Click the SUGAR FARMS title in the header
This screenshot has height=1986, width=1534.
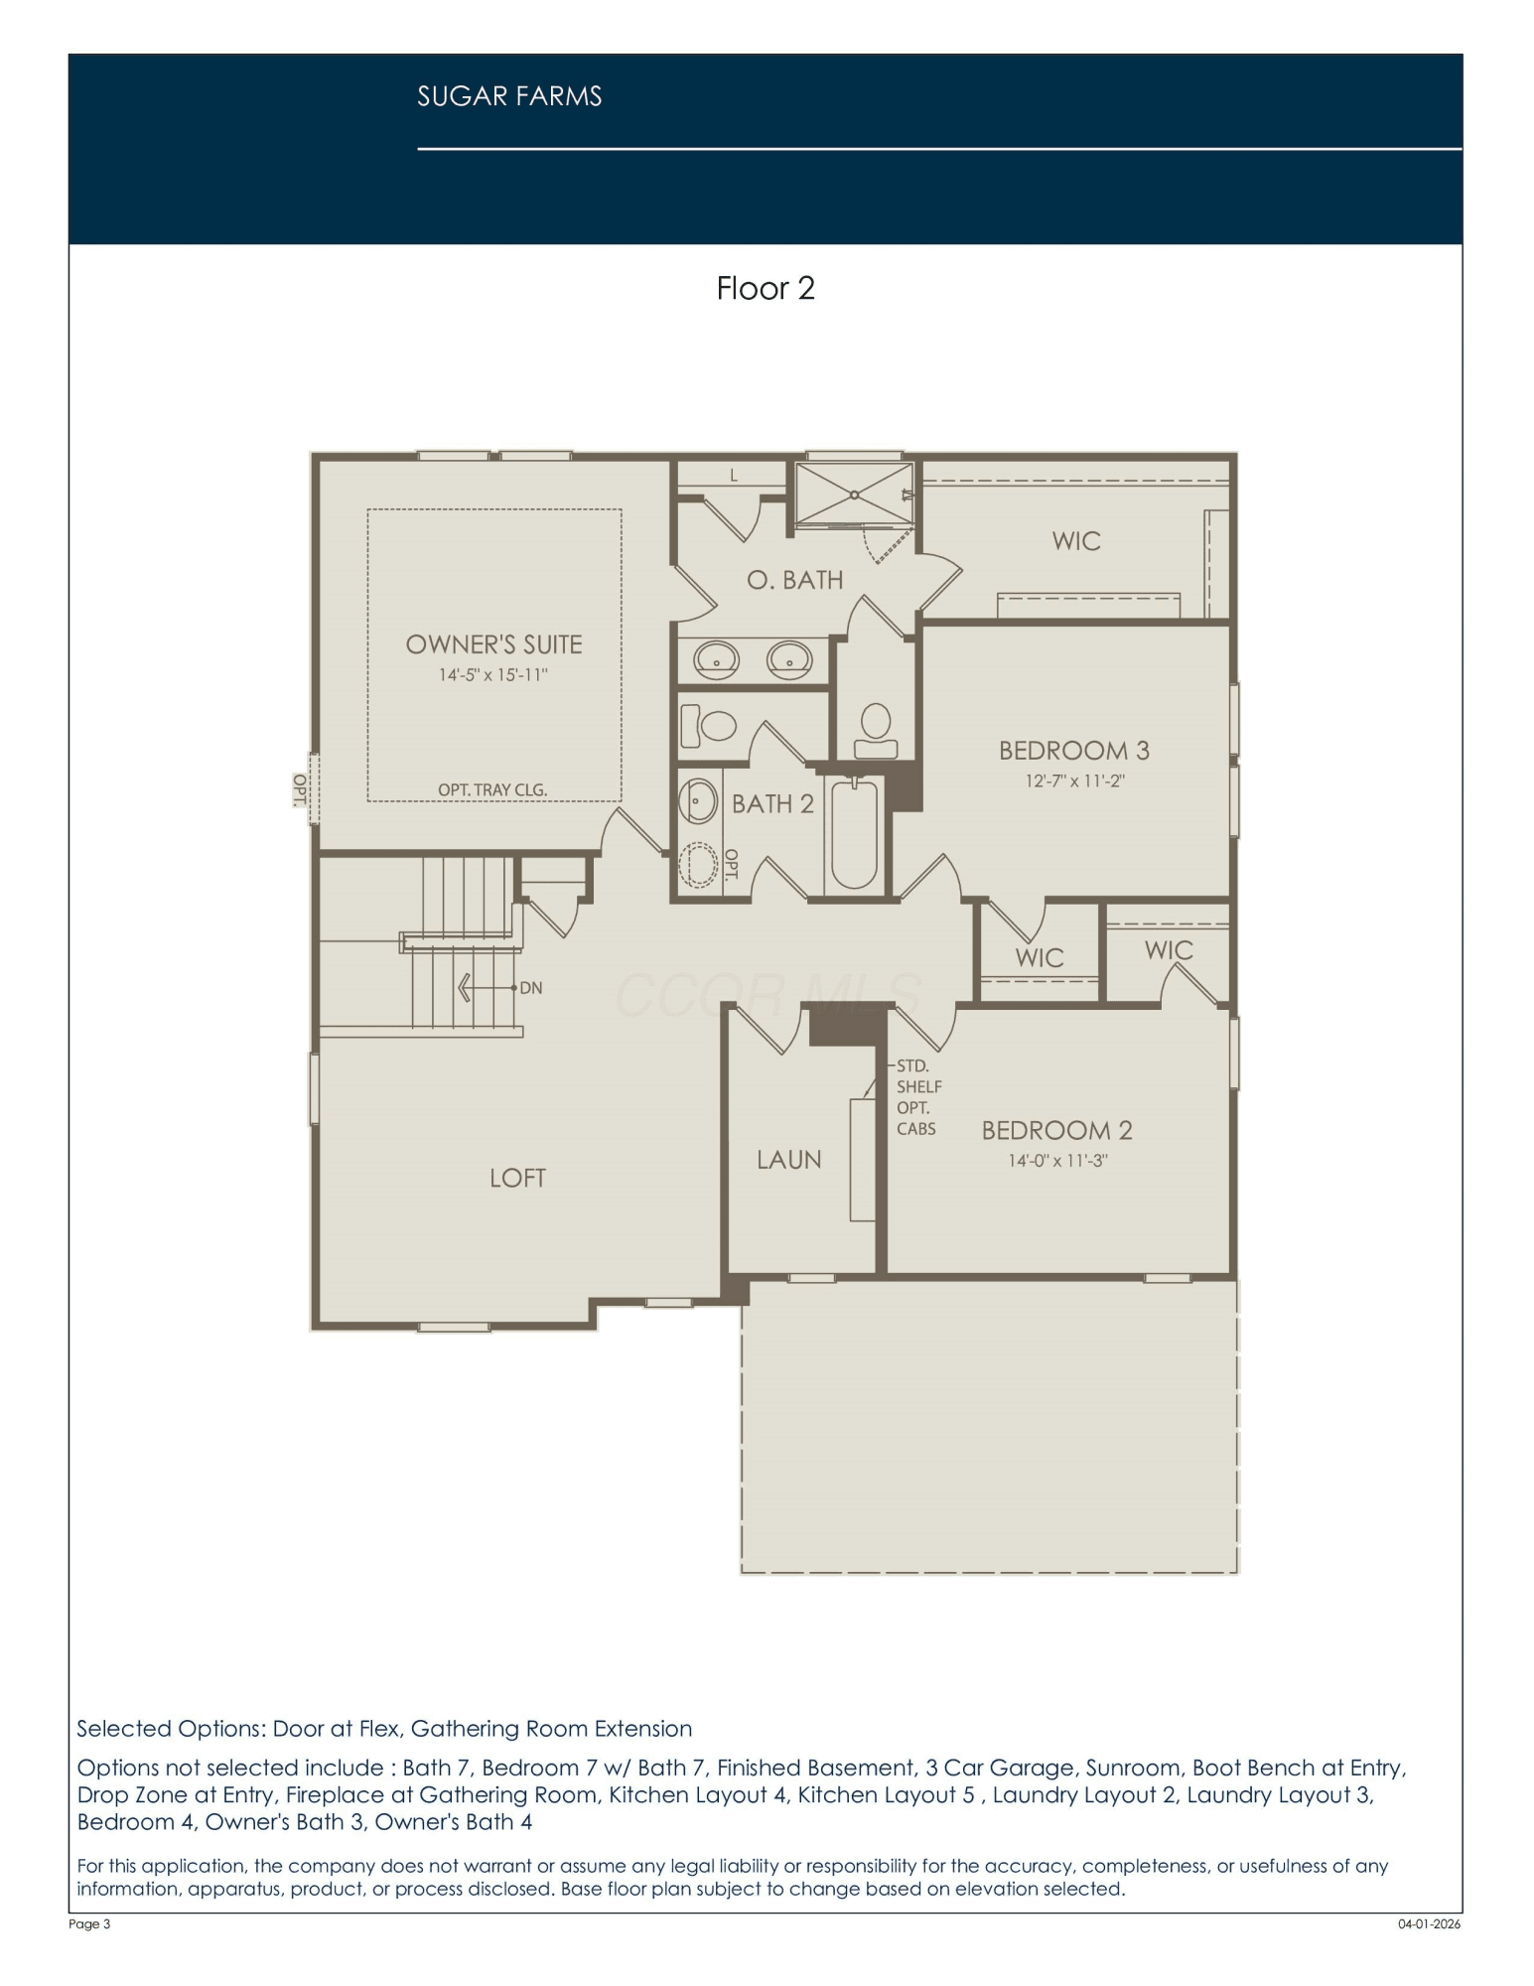click(x=509, y=96)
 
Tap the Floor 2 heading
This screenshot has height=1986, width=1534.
click(x=766, y=288)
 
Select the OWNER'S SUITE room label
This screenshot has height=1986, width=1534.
click(x=493, y=644)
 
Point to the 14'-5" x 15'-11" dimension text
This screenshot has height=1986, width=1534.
click(x=493, y=675)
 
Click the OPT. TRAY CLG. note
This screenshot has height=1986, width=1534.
click(x=492, y=789)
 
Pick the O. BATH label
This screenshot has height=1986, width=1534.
click(x=794, y=580)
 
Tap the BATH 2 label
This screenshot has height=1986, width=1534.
click(x=772, y=803)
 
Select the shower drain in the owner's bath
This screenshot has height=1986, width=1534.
click(x=854, y=494)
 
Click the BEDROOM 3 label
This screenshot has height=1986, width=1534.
click(x=1074, y=750)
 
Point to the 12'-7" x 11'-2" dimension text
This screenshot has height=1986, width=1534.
click(x=1074, y=780)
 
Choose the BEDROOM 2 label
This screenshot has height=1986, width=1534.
click(x=1056, y=1130)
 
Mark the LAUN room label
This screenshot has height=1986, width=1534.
click(x=788, y=1160)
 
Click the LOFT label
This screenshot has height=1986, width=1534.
click(x=517, y=1178)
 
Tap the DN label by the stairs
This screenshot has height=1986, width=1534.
click(x=531, y=988)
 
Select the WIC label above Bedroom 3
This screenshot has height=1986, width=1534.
click(x=1076, y=541)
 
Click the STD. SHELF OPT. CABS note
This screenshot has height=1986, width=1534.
click(x=918, y=1097)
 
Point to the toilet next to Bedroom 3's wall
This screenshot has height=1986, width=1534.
click(x=875, y=732)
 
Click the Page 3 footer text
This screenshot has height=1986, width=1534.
click(x=89, y=1923)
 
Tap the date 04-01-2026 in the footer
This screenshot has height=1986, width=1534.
click(x=1430, y=1923)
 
